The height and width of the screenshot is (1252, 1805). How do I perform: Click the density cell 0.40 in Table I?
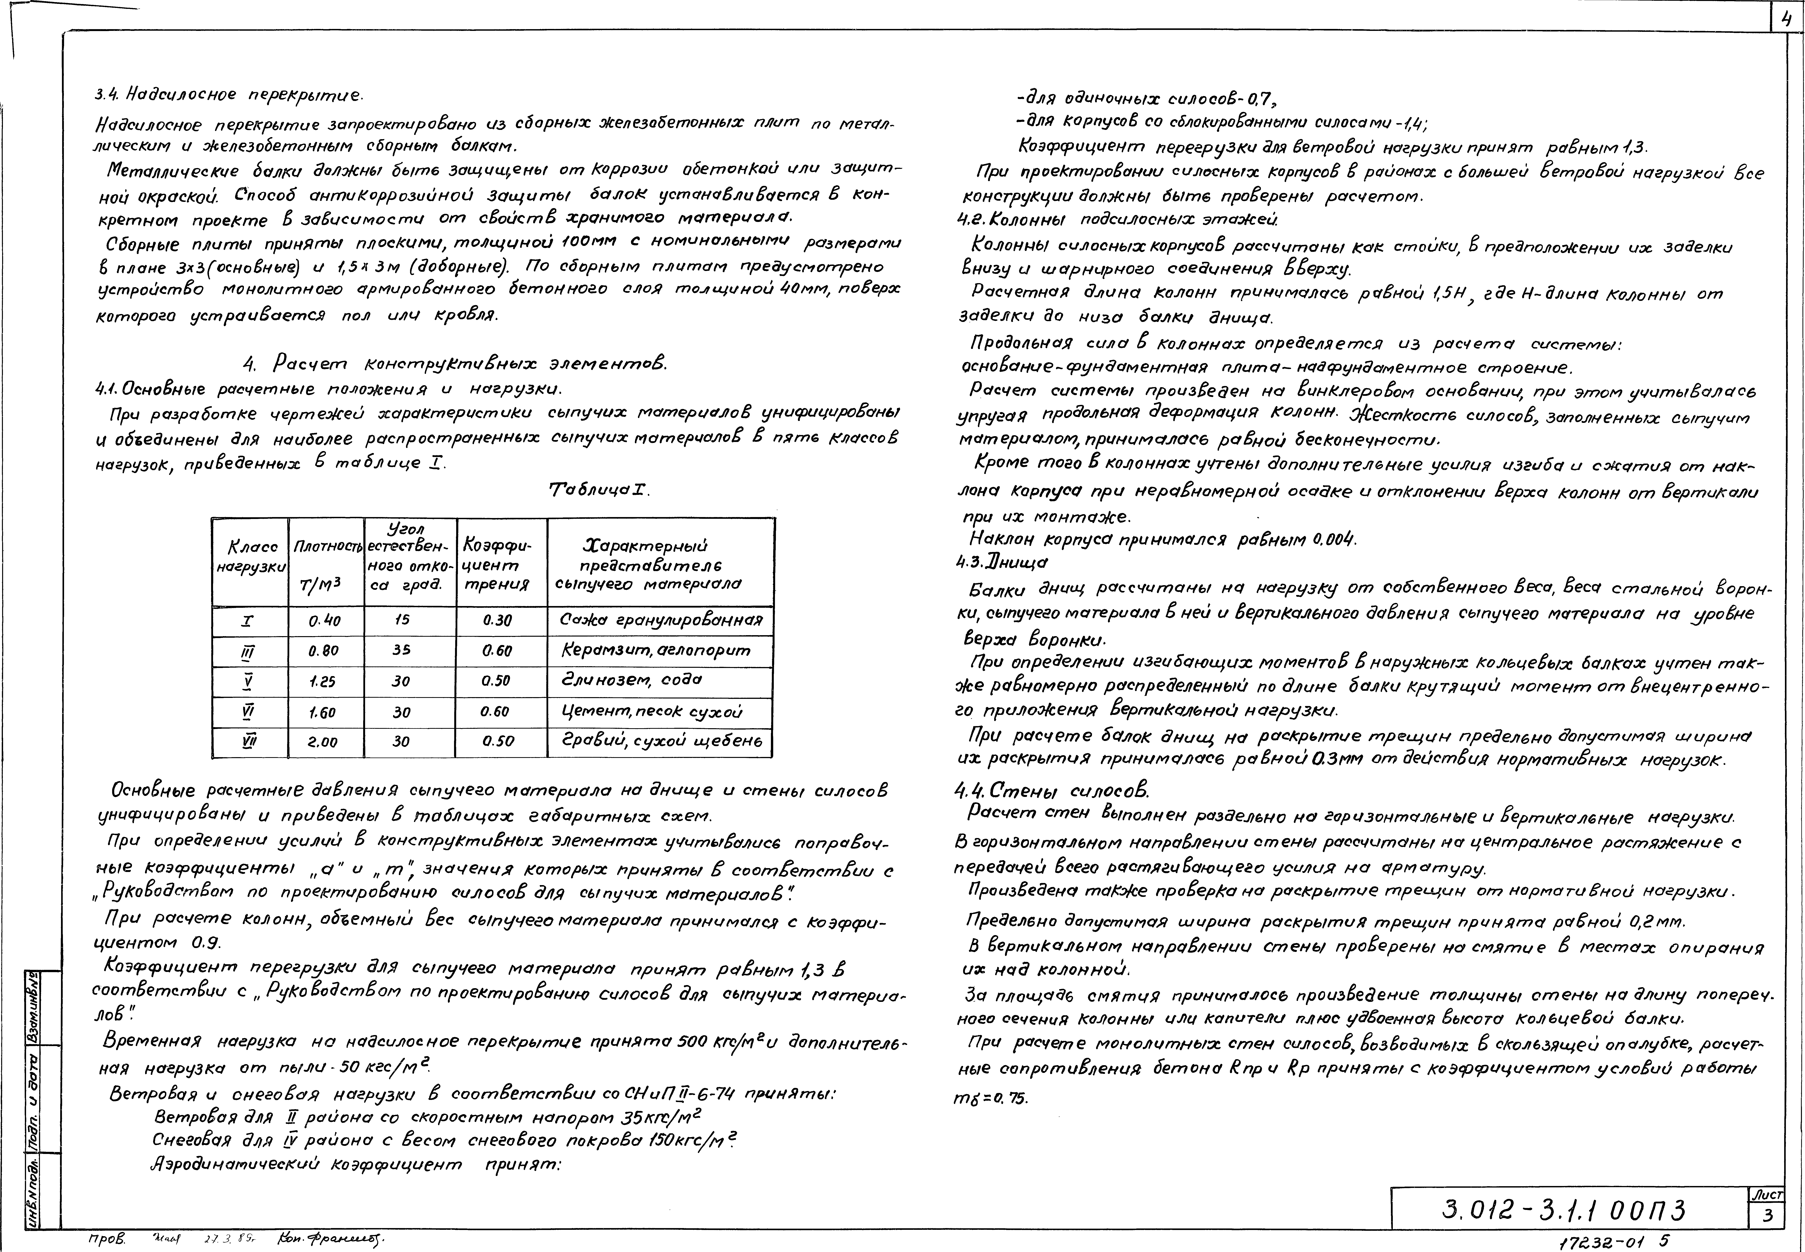(x=325, y=621)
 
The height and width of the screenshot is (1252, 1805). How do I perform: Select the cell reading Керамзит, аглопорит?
(x=656, y=650)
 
